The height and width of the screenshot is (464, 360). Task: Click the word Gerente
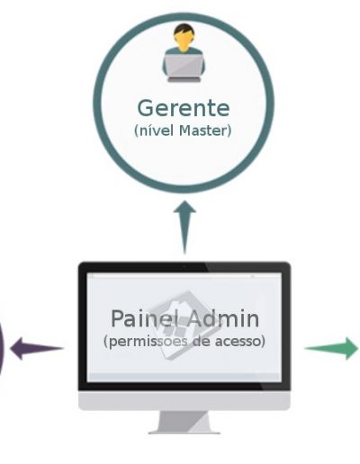[184, 108]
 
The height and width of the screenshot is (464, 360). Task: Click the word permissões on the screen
[146, 342]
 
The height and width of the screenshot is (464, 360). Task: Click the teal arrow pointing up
[184, 228]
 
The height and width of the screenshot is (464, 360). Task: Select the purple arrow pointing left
[37, 348]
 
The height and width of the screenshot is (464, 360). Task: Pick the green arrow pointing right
[331, 348]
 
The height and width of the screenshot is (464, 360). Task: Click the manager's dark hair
[184, 30]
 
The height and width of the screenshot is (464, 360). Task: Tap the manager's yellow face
[184, 42]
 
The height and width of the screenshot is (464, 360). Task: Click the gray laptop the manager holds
[184, 66]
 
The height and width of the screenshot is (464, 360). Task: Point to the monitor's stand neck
[184, 421]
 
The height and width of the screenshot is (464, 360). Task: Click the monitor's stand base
[184, 433]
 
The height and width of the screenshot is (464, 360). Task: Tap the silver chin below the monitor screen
[184, 400]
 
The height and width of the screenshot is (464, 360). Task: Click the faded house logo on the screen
[184, 325]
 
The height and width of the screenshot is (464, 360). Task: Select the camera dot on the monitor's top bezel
[184, 266]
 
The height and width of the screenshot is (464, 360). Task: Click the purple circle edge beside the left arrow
[2, 349]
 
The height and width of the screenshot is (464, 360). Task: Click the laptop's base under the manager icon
[184, 79]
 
